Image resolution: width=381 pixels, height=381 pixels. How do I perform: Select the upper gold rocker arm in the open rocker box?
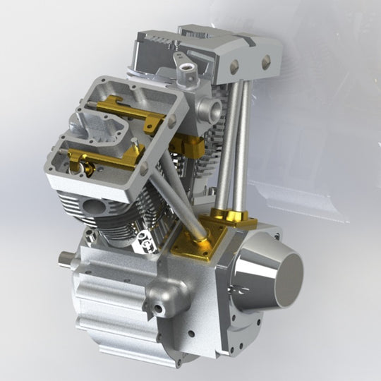pyautogui.click(x=131, y=113)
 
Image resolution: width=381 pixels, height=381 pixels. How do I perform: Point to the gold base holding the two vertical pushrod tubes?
pyautogui.click(x=233, y=217)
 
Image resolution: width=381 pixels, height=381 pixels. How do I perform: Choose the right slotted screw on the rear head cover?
pyautogui.click(x=266, y=63)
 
